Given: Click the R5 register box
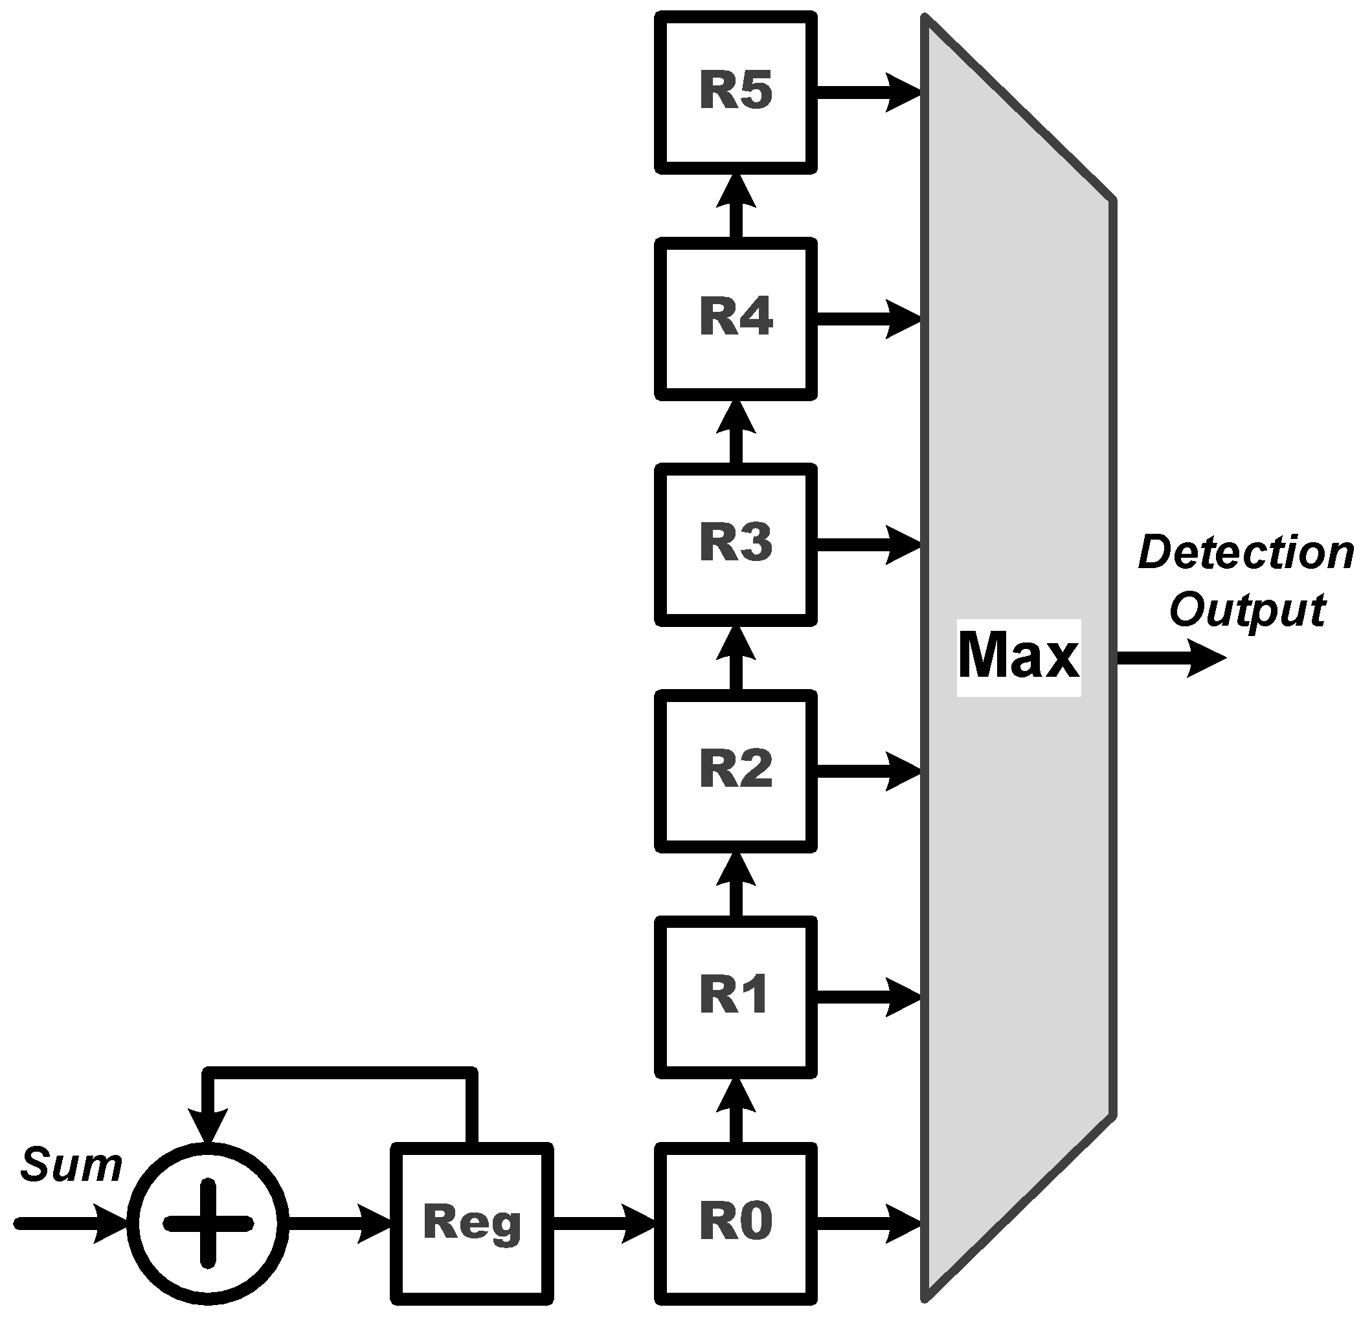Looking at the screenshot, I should (x=736, y=93).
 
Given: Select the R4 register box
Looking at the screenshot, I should (x=736, y=318).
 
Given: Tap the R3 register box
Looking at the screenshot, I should (x=736, y=544).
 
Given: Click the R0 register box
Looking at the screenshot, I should (x=736, y=1223).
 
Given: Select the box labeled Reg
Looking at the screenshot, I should (x=472, y=1223).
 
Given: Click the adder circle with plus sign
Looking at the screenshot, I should (x=208, y=1223).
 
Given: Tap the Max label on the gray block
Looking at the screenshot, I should (x=1018, y=657).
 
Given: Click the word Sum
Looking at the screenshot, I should (x=71, y=1165).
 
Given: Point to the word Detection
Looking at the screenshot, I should (x=1246, y=553).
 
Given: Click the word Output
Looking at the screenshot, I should (x=1247, y=610).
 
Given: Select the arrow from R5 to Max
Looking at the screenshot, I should (x=868, y=93).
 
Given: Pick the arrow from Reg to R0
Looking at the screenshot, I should (x=604, y=1223).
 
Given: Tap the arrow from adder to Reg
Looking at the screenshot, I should (x=341, y=1223).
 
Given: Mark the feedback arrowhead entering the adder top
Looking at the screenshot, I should (x=208, y=1125).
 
